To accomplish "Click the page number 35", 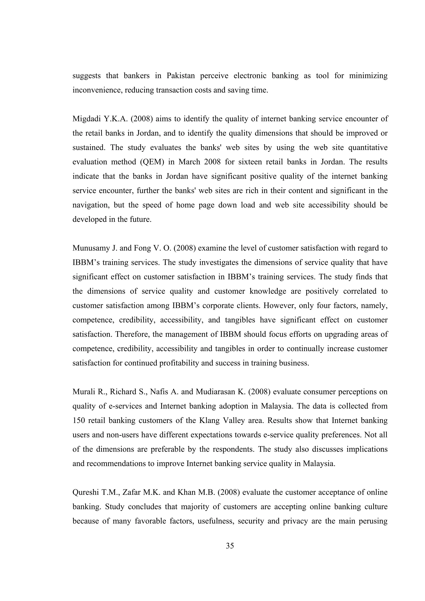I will (x=230, y=546).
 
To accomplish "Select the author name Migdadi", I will (x=86, y=119).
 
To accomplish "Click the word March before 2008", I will (x=189, y=162).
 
